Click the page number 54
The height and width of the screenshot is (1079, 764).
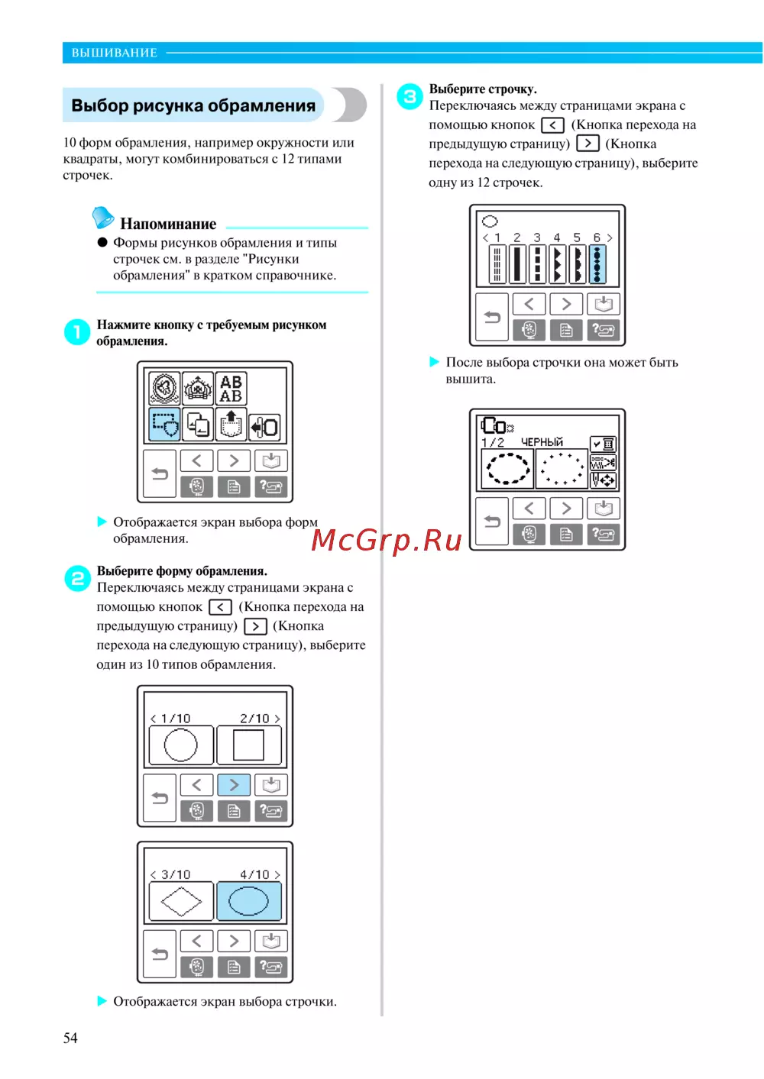tap(70, 1038)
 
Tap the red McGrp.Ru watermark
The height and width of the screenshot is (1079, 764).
tap(387, 541)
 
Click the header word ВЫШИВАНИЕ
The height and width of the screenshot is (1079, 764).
tap(115, 53)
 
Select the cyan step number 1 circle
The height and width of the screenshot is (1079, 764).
tap(77, 332)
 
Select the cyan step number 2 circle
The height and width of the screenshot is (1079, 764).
tap(77, 578)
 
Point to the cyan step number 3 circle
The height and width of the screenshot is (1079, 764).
tap(410, 96)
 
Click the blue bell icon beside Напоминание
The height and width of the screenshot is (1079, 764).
tap(102, 217)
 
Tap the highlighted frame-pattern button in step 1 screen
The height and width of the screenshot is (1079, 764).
tap(165, 425)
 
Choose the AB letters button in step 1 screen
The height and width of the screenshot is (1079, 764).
tap(231, 389)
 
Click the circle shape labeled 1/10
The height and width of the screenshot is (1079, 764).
tap(181, 745)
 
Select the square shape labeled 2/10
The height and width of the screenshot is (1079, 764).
tap(249, 745)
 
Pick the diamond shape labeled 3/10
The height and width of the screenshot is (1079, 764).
tap(181, 901)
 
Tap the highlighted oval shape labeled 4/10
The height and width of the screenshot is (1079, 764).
tap(249, 901)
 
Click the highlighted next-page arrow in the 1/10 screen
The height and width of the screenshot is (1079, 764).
tap(235, 785)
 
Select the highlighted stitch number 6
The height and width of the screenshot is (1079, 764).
tap(597, 264)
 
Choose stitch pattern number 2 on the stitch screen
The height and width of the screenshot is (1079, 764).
tap(516, 264)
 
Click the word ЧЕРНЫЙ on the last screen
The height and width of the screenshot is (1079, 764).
tap(542, 442)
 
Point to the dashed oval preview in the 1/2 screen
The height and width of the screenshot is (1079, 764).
tap(507, 468)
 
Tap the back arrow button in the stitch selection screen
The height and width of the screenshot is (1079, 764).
tap(492, 317)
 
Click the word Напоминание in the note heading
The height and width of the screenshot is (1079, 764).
tap(168, 224)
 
